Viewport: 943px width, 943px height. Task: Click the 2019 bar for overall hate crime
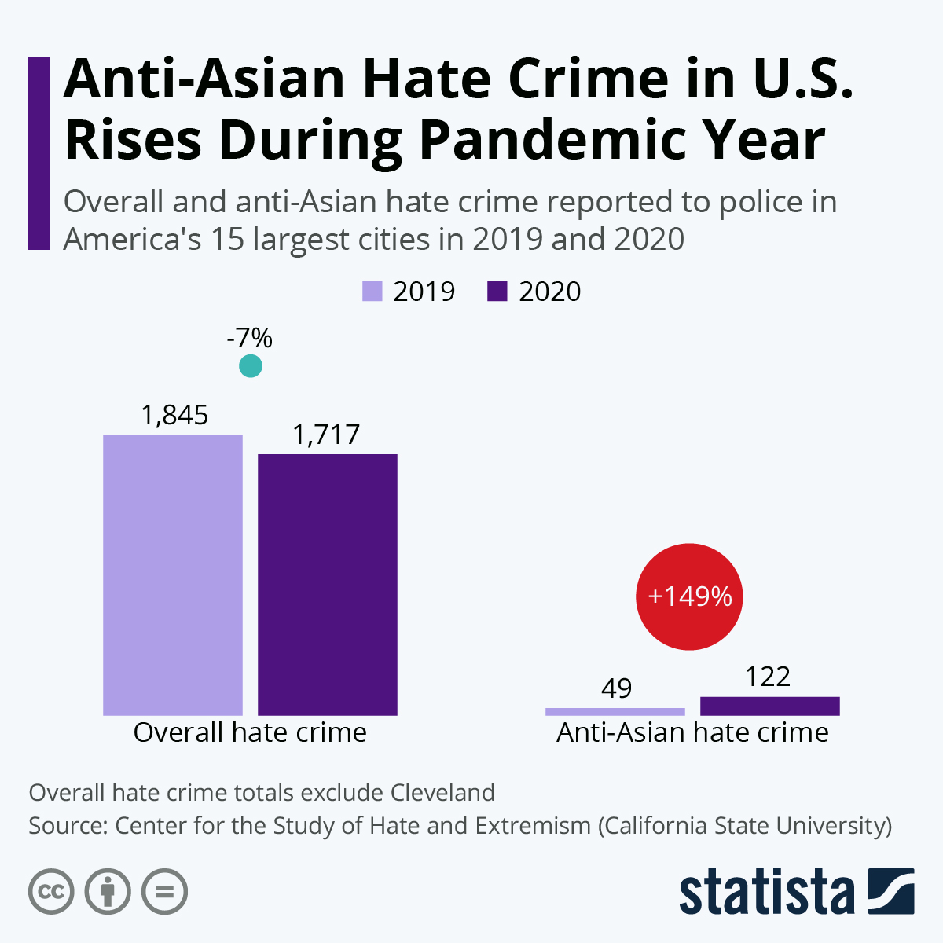click(x=173, y=574)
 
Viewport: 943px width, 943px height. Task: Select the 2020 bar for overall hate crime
click(x=328, y=585)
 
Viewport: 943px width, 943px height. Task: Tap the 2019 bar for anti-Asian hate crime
click(x=615, y=711)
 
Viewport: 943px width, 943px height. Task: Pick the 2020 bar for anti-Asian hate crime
click(x=770, y=706)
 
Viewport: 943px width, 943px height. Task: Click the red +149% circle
click(x=689, y=596)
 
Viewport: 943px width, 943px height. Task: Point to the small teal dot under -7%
click(x=250, y=366)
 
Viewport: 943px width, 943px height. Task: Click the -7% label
click(x=249, y=338)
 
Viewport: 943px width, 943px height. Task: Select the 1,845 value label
click(x=174, y=414)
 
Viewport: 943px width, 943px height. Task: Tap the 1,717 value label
click(x=326, y=434)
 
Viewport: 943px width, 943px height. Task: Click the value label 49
click(x=616, y=688)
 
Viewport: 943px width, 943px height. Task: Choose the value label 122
click(x=768, y=677)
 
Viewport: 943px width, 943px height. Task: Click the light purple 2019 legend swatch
click(x=372, y=292)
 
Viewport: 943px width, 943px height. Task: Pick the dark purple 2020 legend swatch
click(x=497, y=292)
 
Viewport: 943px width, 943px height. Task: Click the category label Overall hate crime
click(x=250, y=732)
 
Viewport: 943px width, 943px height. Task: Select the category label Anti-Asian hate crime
click(x=692, y=732)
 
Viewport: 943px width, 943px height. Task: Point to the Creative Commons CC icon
click(x=52, y=892)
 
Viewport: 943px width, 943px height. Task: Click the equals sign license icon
click(x=165, y=892)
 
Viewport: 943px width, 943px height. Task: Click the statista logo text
click(x=767, y=892)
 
